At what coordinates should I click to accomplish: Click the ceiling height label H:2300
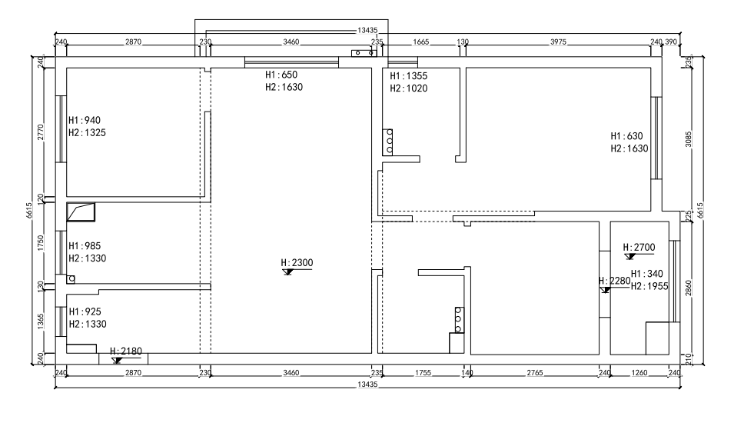point(297,262)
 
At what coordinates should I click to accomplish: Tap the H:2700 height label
point(639,247)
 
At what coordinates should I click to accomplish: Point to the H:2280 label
point(614,281)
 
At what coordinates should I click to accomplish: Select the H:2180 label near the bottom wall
point(126,351)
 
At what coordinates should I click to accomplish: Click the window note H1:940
point(85,120)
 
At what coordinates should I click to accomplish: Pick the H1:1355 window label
point(409,75)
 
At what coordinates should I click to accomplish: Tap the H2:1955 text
point(649,286)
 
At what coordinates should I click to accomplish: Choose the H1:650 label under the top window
point(281,75)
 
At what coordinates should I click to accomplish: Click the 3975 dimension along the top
point(559,42)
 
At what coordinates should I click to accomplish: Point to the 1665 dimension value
point(421,42)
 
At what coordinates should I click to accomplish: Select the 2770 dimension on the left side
point(41,132)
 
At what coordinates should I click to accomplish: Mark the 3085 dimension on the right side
point(689,138)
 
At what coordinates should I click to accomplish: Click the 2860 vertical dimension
point(689,288)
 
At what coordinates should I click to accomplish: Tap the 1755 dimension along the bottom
point(423,373)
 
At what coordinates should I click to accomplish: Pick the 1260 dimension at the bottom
point(639,373)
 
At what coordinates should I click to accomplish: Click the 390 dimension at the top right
point(671,42)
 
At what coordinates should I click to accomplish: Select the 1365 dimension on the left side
point(41,321)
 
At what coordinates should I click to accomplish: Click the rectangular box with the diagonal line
point(81,211)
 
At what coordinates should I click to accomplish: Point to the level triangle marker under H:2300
point(287,272)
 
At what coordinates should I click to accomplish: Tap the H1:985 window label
point(85,246)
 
